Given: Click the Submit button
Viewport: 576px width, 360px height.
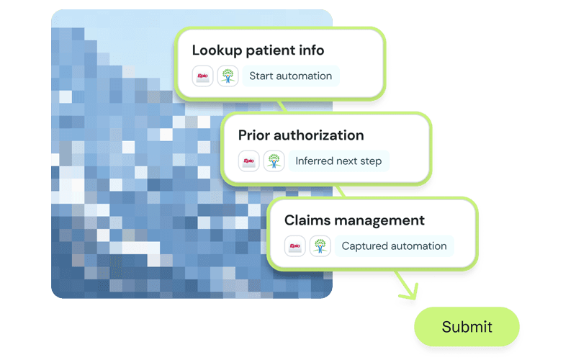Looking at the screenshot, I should tap(467, 327).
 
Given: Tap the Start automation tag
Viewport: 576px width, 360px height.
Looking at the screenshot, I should tap(290, 76).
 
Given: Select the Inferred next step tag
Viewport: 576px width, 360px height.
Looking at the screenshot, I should tap(338, 161).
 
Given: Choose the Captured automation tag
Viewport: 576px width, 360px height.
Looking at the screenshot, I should tap(393, 246).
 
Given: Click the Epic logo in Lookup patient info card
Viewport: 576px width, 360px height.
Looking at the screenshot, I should tap(203, 76).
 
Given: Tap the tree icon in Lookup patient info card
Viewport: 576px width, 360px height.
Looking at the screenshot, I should tap(228, 76).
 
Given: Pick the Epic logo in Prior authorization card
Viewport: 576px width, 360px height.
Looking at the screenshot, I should tap(249, 161).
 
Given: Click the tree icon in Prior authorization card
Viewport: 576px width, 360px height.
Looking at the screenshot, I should tap(274, 161).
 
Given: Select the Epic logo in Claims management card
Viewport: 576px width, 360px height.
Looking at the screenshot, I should tap(295, 246).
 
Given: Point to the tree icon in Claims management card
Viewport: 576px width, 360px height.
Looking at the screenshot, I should tap(320, 246).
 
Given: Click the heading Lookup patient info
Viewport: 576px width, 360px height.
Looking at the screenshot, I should tap(258, 50).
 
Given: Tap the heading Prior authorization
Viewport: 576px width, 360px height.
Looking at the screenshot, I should tap(301, 135).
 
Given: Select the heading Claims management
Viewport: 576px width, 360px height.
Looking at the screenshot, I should tap(354, 220).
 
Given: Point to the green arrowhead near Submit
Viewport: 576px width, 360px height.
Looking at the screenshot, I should tap(412, 292).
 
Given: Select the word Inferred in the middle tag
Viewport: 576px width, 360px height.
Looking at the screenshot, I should tap(315, 161).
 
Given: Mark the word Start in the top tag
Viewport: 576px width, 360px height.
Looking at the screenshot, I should tap(261, 76).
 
